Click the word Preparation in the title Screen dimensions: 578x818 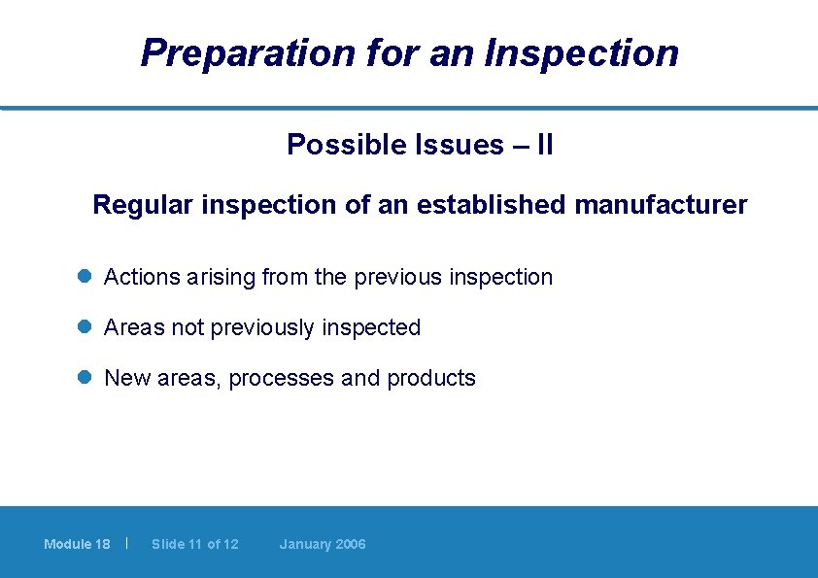(248, 53)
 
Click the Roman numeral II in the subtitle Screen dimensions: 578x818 (545, 146)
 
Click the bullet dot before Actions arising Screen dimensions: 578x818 (85, 277)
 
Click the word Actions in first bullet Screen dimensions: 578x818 (142, 277)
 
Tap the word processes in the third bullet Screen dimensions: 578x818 (284, 379)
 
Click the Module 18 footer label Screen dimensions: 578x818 (77, 544)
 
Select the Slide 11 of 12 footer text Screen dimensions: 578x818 (194, 544)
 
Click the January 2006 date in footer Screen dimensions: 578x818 (323, 544)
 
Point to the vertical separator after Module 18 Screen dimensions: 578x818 (127, 543)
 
